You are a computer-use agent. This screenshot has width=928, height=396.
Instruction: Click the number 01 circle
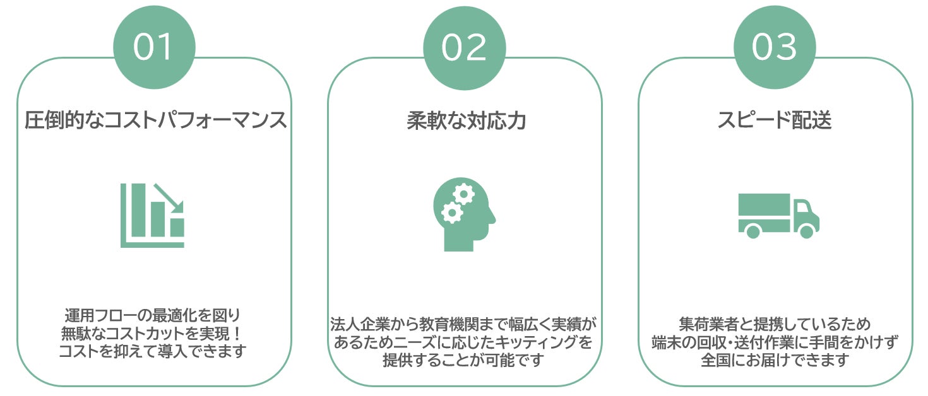[x=154, y=47]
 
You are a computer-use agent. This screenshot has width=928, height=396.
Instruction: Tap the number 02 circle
[x=465, y=48]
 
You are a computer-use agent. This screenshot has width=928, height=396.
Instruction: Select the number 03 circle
[x=775, y=47]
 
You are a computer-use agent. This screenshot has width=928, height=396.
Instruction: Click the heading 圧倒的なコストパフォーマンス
[x=155, y=120]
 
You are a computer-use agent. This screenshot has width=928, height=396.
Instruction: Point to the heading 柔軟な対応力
[x=466, y=121]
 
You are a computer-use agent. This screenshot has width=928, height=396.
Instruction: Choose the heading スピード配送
[x=775, y=120]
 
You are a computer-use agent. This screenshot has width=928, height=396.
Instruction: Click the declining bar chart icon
[x=153, y=215]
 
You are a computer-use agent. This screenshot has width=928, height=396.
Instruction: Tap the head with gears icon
[x=464, y=214]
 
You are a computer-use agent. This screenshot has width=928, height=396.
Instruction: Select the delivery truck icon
[x=779, y=216]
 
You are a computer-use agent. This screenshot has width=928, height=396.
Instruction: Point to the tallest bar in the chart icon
[x=139, y=210]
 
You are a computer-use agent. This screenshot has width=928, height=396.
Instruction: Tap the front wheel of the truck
[x=806, y=231]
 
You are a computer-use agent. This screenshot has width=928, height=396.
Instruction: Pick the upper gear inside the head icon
[x=463, y=194]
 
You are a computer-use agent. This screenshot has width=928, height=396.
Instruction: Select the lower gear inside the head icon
[x=451, y=213]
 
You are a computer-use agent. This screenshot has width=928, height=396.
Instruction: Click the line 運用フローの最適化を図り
[x=153, y=316]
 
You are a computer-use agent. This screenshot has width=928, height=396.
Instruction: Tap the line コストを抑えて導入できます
[x=153, y=351]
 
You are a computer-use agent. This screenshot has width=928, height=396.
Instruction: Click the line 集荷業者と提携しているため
[x=775, y=324]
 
